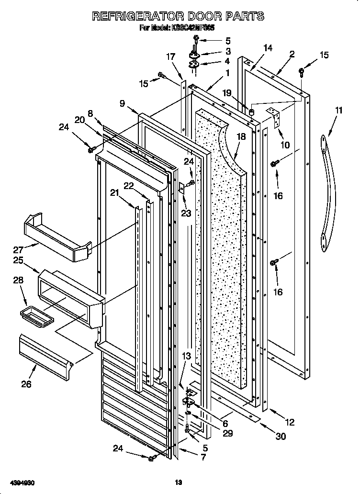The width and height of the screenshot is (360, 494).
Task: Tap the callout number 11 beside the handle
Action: point(338,111)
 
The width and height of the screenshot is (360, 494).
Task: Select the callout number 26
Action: point(27,384)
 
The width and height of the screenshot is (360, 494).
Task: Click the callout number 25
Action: point(18,261)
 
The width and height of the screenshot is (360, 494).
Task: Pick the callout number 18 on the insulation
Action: point(241,136)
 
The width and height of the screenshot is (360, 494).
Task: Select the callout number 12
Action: point(289,422)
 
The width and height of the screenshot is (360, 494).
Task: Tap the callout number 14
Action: point(268,48)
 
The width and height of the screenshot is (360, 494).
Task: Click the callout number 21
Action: point(114,192)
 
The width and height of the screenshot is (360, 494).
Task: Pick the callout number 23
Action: point(186,213)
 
